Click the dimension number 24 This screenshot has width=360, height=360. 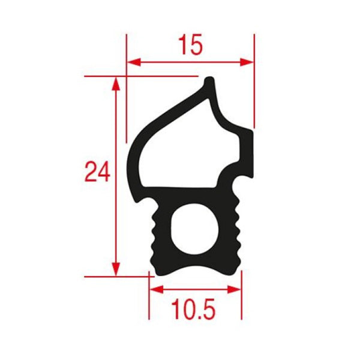pyautogui.click(x=97, y=172)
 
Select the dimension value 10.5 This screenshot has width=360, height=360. pyautogui.click(x=194, y=310)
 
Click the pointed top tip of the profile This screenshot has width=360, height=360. pyautogui.click(x=209, y=80)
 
